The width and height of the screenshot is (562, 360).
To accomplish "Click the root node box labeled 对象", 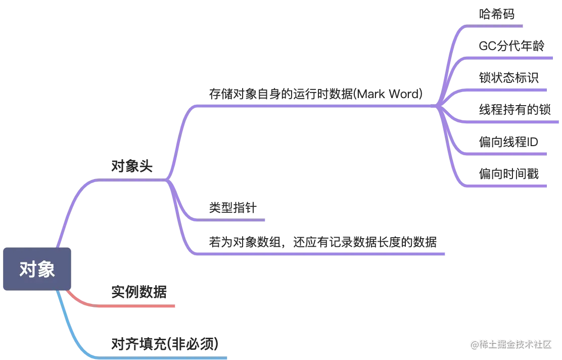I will coord(37,269).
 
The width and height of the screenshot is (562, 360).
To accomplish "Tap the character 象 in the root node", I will coord(45,269).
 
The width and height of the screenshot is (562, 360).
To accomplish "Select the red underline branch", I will coord(136,306).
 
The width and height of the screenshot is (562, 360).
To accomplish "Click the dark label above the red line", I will coord(138,292).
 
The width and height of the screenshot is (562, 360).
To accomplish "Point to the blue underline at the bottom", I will coord(162,358).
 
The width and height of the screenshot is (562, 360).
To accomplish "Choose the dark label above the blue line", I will coord(163,344).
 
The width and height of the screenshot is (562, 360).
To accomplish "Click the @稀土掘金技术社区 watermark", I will coord(510,344).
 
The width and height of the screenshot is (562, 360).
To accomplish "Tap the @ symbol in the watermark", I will coord(474,344).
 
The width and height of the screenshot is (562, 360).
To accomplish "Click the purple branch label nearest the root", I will coord(131,166).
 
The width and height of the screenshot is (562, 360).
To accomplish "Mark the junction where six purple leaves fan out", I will coord(438,107).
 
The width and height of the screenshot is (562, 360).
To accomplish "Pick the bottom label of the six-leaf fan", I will coord(509,173).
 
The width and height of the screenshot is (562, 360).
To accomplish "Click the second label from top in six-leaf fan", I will coord(511,45).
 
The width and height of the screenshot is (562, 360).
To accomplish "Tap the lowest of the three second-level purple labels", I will coord(320,242).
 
